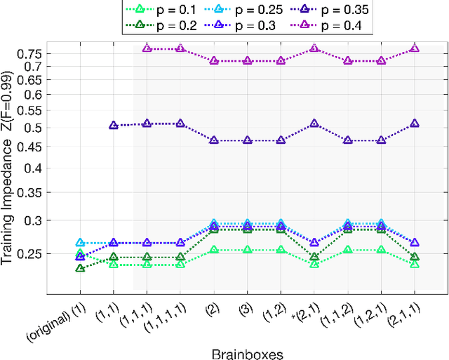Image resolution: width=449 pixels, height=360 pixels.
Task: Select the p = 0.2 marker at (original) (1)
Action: click(x=80, y=268)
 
